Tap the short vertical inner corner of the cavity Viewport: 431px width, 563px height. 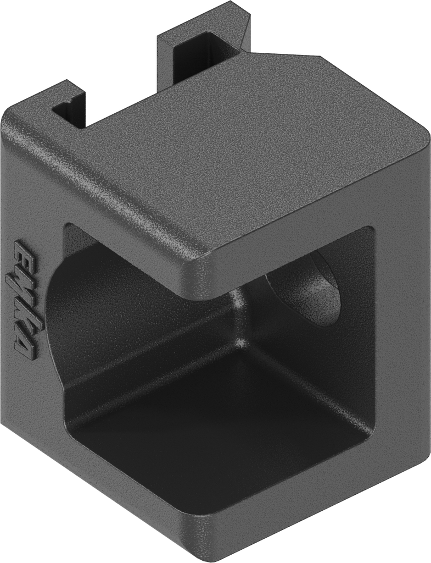click(x=239, y=319)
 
